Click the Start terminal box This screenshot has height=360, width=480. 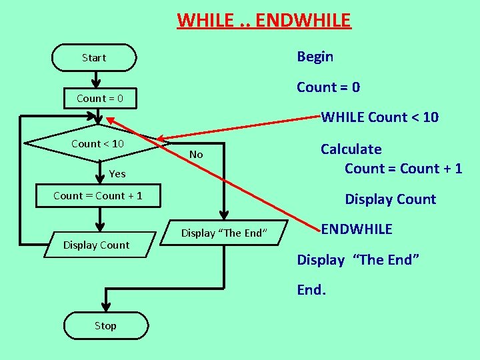(x=94, y=58)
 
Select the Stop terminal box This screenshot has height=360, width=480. (x=105, y=325)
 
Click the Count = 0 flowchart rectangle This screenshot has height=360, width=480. (x=99, y=99)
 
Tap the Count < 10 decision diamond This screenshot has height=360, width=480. (x=97, y=144)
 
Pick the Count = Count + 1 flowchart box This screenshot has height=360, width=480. (x=98, y=196)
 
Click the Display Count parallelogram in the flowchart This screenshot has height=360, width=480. (x=96, y=245)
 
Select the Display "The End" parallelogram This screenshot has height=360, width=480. (x=224, y=233)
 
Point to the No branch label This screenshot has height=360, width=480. (x=196, y=155)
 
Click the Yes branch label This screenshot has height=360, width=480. (x=117, y=174)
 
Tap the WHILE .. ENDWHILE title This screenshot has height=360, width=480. (x=263, y=21)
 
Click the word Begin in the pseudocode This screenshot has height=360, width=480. (x=315, y=57)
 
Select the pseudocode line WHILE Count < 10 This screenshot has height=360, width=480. (x=380, y=117)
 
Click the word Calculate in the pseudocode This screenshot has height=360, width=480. (x=351, y=149)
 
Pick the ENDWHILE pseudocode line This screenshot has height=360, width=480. (x=357, y=229)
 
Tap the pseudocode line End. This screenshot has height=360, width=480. (x=310, y=290)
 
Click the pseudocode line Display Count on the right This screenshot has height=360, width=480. (x=390, y=199)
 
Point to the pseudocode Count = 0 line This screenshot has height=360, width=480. (x=328, y=87)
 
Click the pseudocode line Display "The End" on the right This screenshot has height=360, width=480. (x=358, y=259)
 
